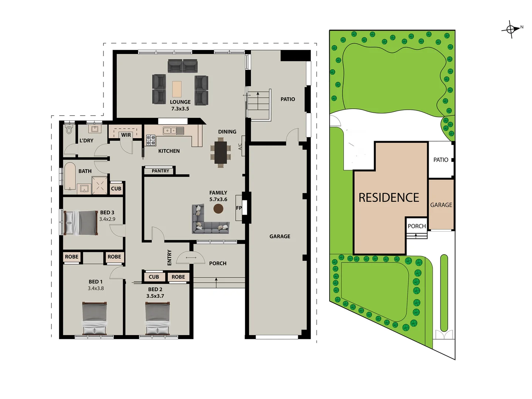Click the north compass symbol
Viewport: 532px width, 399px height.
click(x=511, y=29)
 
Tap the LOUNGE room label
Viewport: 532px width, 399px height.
click(x=180, y=102)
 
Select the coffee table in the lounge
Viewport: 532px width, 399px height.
click(x=177, y=89)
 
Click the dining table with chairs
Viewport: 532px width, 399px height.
click(x=221, y=152)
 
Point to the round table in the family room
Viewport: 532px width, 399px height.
click(x=218, y=209)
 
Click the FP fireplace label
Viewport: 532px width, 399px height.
click(x=239, y=208)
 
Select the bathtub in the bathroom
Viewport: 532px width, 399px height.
click(x=70, y=176)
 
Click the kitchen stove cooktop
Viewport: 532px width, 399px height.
click(x=151, y=140)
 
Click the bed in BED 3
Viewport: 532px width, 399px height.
click(x=81, y=223)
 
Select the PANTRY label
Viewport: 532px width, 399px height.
click(x=160, y=171)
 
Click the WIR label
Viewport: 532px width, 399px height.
click(x=126, y=135)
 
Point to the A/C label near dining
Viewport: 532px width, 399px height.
click(x=240, y=147)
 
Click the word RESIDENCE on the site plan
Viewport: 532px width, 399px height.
click(x=389, y=198)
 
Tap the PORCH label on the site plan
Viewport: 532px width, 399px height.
click(x=417, y=226)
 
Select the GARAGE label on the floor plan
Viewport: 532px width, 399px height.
click(x=280, y=236)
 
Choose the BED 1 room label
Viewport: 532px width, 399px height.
click(x=96, y=282)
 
